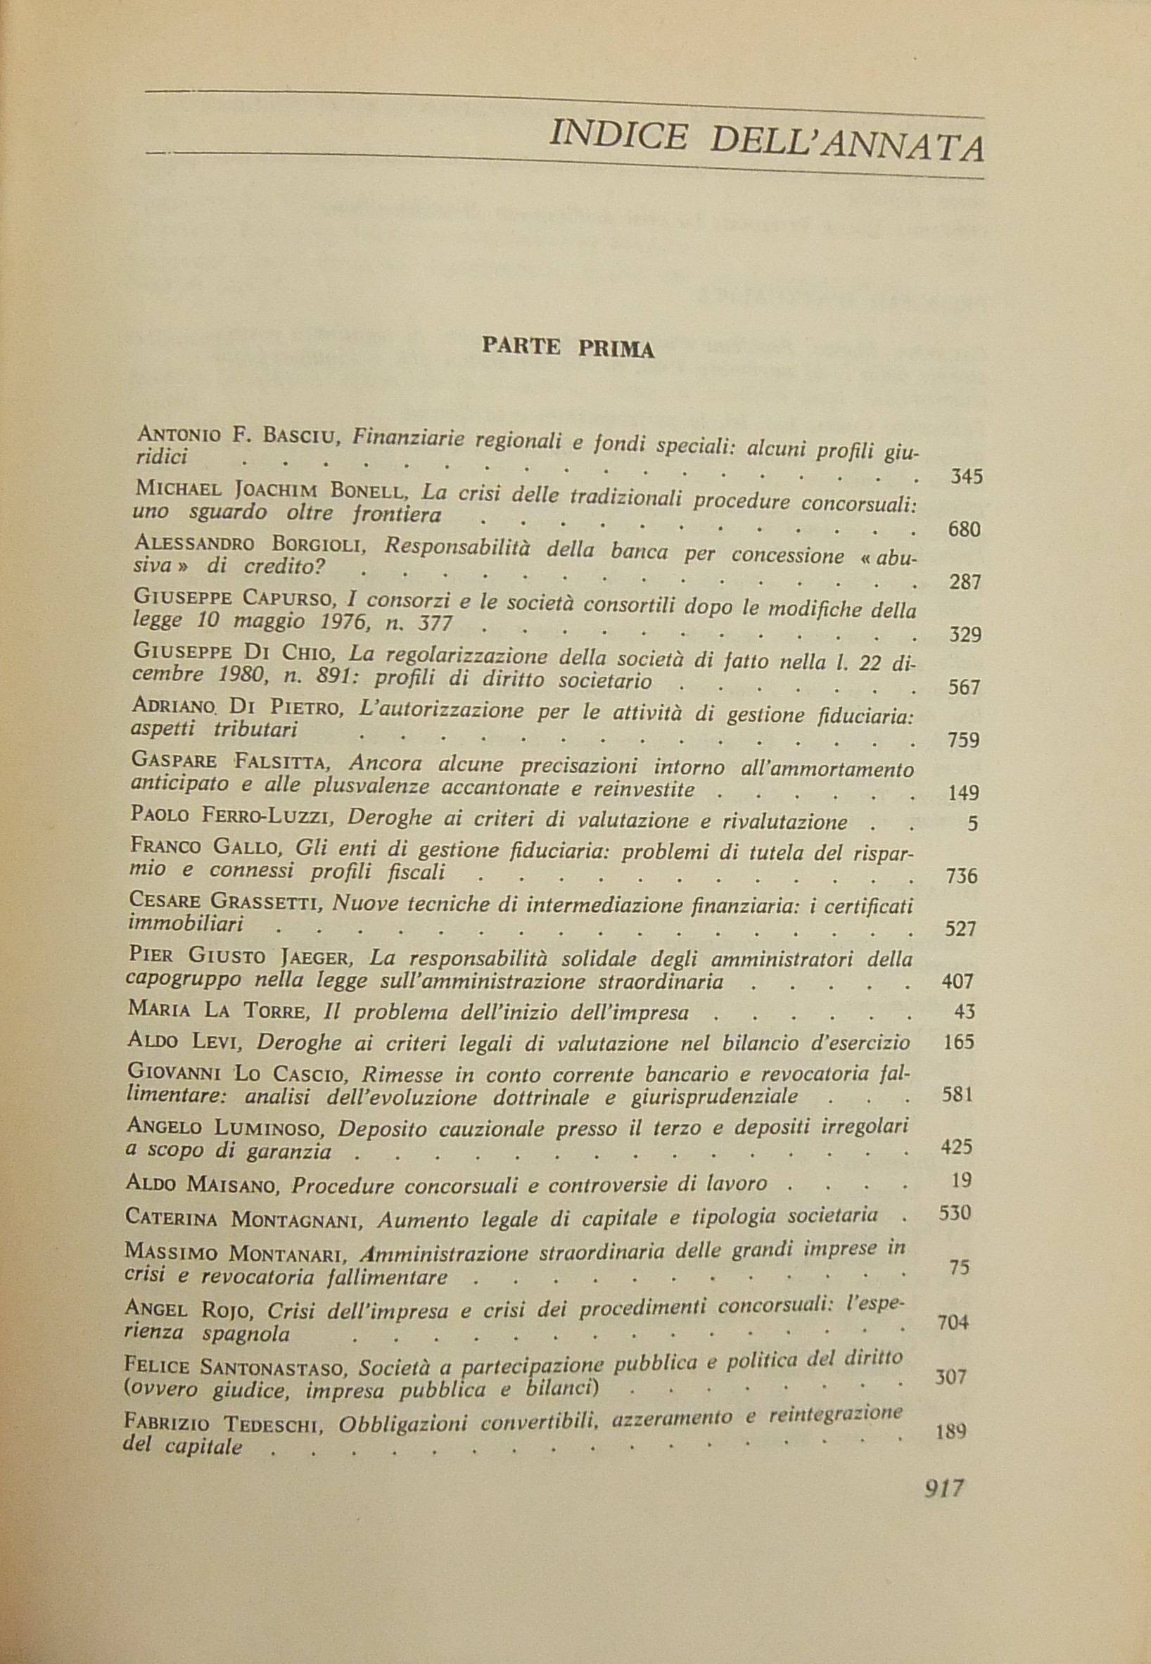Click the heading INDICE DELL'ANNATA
(766, 141)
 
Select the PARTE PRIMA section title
(568, 348)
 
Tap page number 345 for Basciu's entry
(967, 477)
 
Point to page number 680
(965, 530)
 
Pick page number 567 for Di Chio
(962, 688)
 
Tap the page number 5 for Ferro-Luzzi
(973, 823)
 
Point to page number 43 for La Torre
(963, 1012)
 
